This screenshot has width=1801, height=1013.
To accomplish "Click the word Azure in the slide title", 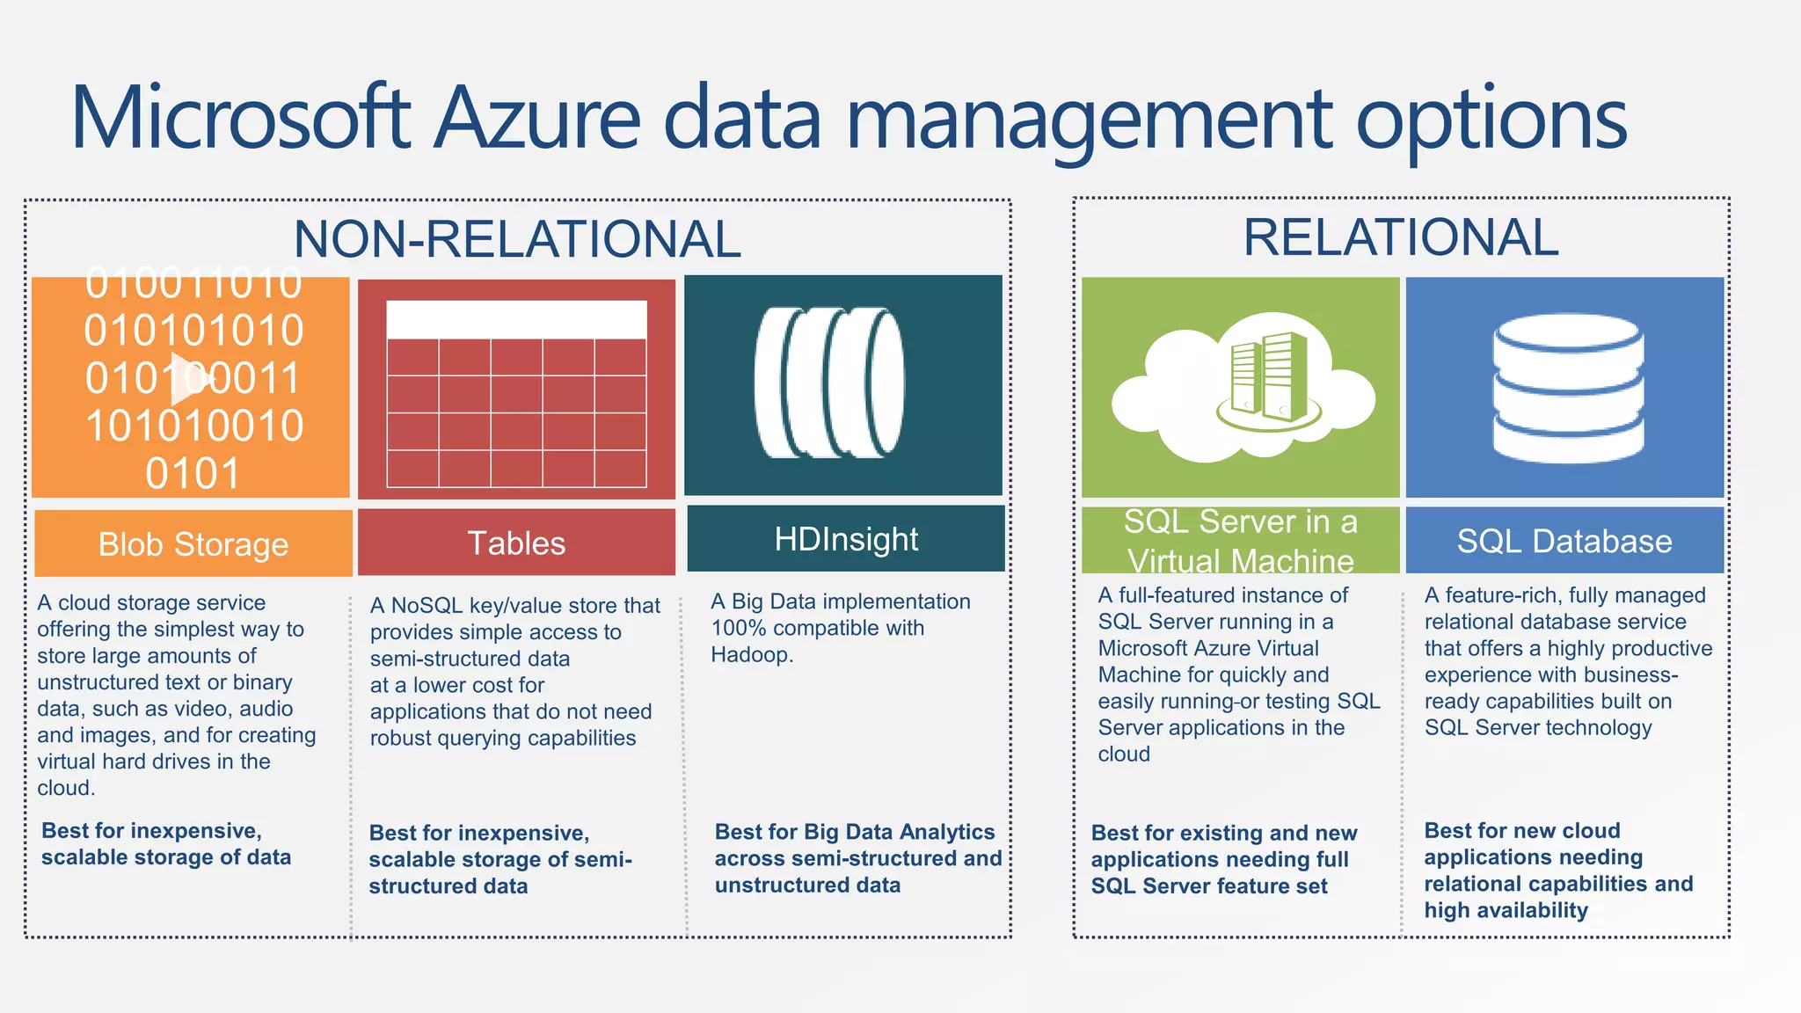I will point(538,118).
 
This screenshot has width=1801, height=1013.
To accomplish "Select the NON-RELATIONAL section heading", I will point(517,239).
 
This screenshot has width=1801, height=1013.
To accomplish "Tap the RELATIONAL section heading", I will point(1400,237).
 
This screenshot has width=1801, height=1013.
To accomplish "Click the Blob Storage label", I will point(193,544).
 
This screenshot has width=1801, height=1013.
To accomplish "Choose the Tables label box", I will point(516,543).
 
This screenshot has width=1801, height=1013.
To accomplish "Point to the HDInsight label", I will point(846,539).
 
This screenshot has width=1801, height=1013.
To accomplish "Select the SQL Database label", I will point(1564,541).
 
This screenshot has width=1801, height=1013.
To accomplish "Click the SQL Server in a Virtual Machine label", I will point(1240,541).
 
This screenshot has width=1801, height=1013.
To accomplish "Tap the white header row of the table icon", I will point(516,319).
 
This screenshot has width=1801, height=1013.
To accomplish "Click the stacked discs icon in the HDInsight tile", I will point(828,383).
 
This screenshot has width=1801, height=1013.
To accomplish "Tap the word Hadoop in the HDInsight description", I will point(750,655).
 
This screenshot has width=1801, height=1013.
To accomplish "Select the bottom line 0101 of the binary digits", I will point(193,474).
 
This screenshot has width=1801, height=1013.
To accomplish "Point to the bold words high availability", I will point(1506,911).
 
